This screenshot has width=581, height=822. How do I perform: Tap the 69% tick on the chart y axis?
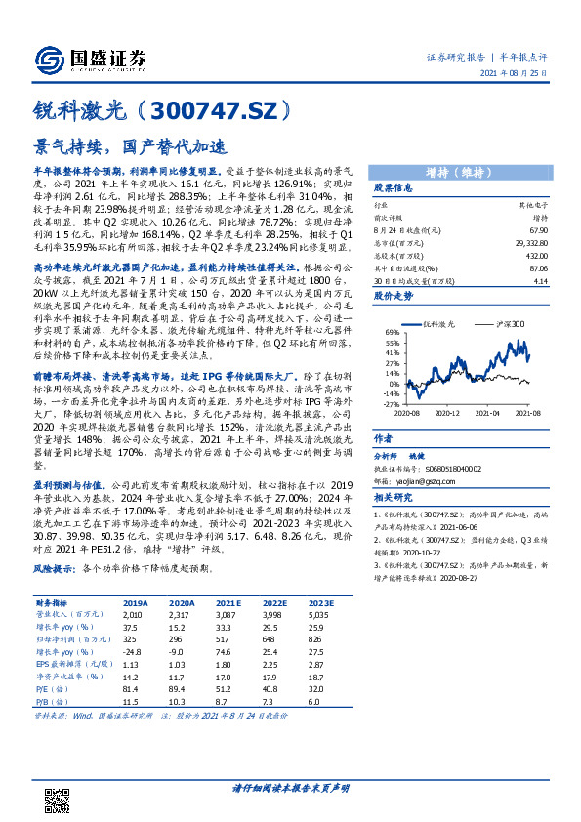pyautogui.click(x=391, y=333)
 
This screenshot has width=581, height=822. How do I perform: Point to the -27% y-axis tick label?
pyautogui.click(x=390, y=402)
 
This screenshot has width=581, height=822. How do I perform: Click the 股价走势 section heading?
pyautogui.click(x=394, y=293)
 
